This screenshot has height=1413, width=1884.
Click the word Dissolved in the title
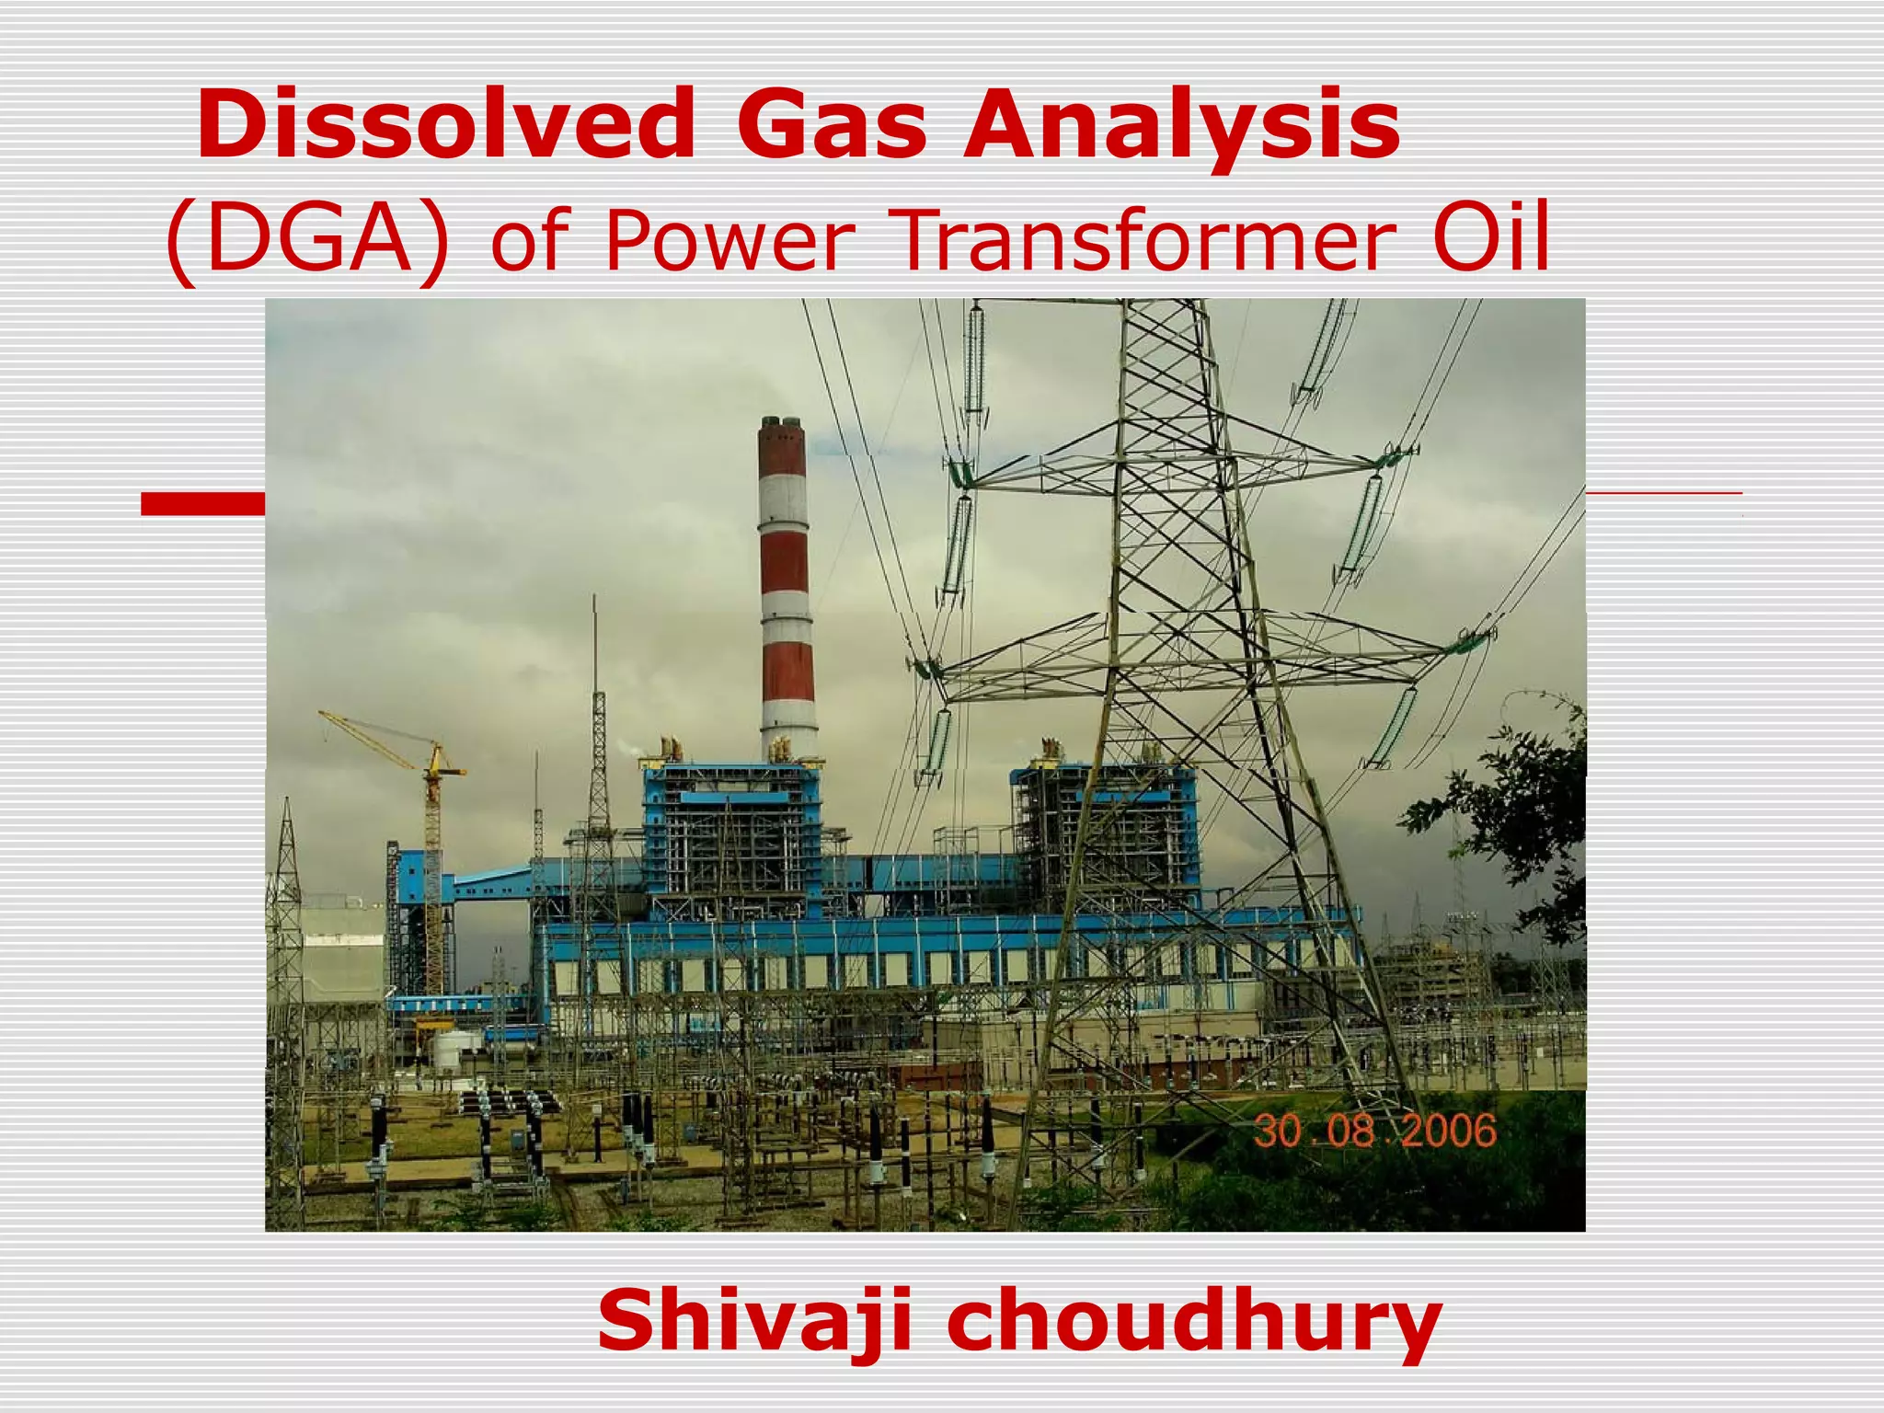coord(445,125)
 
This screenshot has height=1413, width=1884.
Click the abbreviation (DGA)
coord(308,241)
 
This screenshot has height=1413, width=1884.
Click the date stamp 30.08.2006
coord(1374,1131)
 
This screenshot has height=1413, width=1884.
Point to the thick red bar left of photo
coord(202,503)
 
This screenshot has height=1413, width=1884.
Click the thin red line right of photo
coord(1663,494)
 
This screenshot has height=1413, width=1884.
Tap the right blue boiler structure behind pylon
coord(1104,828)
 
